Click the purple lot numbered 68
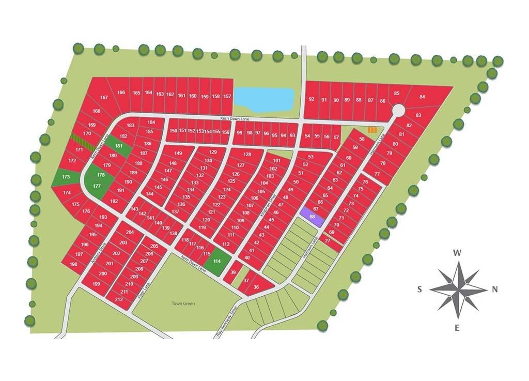pos(313,217)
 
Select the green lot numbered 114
pos(217,262)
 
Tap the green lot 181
pos(119,146)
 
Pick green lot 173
pos(66,177)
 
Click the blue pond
pos(264,99)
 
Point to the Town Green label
pos(183,303)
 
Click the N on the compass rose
pos(494,289)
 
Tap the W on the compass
pos(457,253)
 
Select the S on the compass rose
pos(420,289)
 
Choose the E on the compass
pos(457,327)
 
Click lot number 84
pos(422,97)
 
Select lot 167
pos(104,97)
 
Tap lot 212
pos(119,299)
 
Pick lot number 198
pos(73,264)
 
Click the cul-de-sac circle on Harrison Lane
pos(398,111)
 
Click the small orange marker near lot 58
pos(372,130)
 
